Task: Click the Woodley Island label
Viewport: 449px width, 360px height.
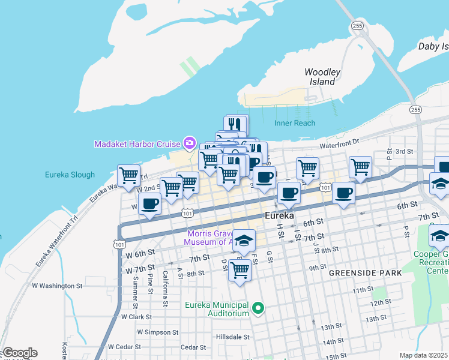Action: pyautogui.click(x=322, y=77)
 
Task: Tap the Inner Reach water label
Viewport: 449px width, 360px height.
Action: pyautogui.click(x=295, y=123)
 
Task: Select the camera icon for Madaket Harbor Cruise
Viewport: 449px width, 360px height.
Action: pyautogui.click(x=190, y=142)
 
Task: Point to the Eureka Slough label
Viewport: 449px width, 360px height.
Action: pyautogui.click(x=70, y=175)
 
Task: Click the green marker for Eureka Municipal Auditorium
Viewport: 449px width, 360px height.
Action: pyautogui.click(x=258, y=309)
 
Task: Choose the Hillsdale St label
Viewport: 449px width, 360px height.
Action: pyautogui.click(x=232, y=337)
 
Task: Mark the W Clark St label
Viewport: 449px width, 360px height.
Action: pyautogui.click(x=137, y=316)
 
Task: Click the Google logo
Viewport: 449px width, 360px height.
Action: pyautogui.click(x=19, y=353)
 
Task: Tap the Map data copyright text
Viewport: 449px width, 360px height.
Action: pyautogui.click(x=423, y=355)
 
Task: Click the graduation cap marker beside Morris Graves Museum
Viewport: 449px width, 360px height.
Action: pyautogui.click(x=244, y=241)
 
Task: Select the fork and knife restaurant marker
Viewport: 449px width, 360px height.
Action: pyautogui.click(x=236, y=125)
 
